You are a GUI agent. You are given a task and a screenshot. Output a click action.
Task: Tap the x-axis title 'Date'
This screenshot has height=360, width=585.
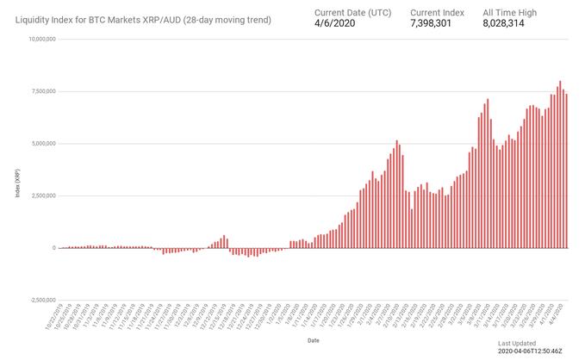pyautogui.click(x=314, y=340)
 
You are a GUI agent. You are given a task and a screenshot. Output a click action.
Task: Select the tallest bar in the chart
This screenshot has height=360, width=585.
pyautogui.click(x=560, y=164)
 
